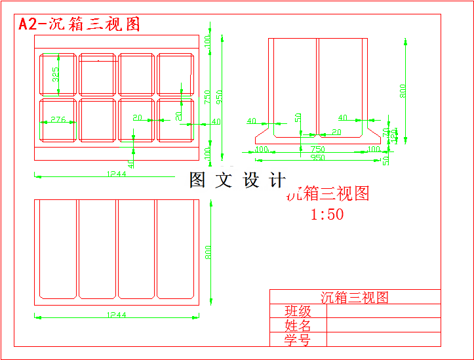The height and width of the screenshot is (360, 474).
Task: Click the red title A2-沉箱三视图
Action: [x=79, y=24]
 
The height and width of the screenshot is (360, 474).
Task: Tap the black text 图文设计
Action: [x=237, y=180]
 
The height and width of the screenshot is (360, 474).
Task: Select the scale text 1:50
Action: [x=326, y=214]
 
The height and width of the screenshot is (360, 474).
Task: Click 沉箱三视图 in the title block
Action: [x=354, y=297]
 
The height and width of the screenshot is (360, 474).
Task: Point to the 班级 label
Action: [x=298, y=311]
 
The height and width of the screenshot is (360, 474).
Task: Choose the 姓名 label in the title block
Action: [x=298, y=325]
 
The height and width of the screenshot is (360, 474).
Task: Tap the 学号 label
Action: [x=298, y=340]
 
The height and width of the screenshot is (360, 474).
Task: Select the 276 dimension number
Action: [x=58, y=119]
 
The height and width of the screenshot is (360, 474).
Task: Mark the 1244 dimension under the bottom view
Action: [x=117, y=315]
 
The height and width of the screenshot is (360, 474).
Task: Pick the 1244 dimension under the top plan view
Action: [x=117, y=174]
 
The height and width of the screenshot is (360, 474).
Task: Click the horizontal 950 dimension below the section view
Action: [x=317, y=158]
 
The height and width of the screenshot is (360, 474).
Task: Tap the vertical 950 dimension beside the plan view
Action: [x=219, y=96]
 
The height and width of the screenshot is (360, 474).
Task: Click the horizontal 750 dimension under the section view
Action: [x=317, y=150]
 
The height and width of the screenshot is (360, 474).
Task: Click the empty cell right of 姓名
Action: [x=383, y=325]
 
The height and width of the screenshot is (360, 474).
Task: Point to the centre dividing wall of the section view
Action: [x=317, y=85]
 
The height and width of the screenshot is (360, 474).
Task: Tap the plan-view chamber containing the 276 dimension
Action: [x=58, y=119]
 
